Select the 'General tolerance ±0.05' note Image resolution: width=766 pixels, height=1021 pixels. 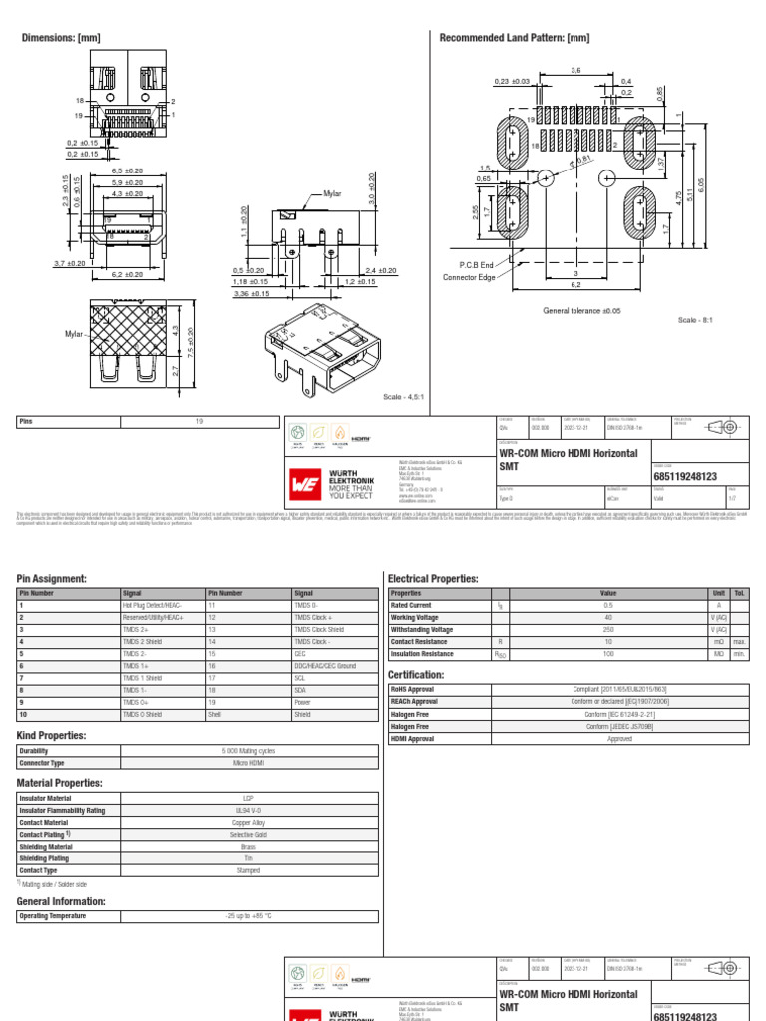(581, 311)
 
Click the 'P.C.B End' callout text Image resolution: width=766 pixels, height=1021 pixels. (477, 264)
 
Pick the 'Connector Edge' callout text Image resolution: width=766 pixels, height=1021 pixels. (469, 277)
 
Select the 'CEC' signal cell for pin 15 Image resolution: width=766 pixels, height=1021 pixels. (299, 654)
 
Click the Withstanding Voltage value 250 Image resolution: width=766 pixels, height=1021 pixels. (608, 630)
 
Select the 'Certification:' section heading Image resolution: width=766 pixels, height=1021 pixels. (416, 675)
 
